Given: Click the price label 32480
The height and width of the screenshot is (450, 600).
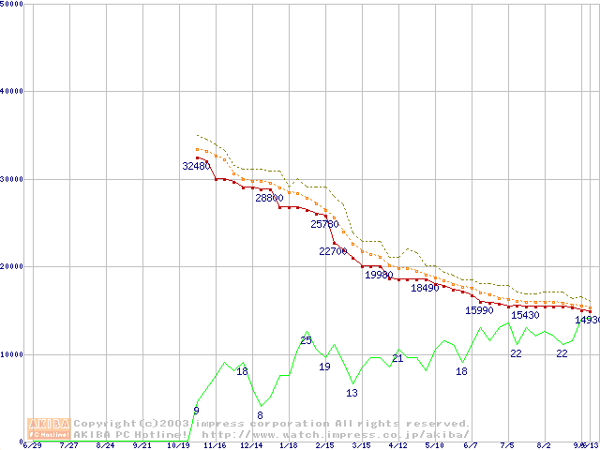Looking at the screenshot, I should [196, 166].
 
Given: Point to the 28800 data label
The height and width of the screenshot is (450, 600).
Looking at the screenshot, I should [269, 198].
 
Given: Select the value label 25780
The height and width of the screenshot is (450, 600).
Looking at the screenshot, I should [324, 224].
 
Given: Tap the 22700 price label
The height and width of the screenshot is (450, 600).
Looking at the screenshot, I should [334, 251].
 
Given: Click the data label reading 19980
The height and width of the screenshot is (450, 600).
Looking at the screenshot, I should [379, 275].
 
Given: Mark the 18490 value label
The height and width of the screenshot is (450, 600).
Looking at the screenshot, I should [425, 288].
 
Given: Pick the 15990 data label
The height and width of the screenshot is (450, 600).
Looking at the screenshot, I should [479, 310].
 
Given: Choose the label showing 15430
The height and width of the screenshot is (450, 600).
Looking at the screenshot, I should [525, 315].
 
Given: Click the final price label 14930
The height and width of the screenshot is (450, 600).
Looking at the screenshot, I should [587, 320].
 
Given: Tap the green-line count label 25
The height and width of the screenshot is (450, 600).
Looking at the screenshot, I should [307, 339].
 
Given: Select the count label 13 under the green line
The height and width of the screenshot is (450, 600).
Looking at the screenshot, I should [352, 393].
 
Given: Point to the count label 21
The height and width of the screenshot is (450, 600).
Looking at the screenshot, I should [397, 358].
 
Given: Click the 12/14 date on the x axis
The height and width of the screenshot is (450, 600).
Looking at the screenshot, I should [250, 445].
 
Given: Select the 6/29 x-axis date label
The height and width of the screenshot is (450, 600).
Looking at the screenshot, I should [32, 445].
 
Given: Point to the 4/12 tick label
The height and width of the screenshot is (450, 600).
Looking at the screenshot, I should [397, 445].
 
